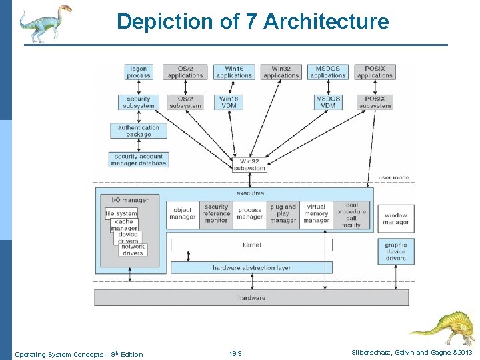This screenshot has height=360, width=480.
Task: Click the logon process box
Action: click(x=139, y=72)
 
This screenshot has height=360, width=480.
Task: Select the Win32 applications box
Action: click(x=281, y=72)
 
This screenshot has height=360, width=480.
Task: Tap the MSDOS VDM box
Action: click(x=327, y=102)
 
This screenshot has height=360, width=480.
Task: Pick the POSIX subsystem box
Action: click(x=375, y=102)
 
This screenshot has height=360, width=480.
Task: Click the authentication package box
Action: click(x=139, y=131)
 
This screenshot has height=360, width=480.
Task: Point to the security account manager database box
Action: click(x=139, y=160)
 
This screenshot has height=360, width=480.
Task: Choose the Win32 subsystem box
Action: click(x=250, y=164)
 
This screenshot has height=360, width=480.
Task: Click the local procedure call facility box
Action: click(x=351, y=215)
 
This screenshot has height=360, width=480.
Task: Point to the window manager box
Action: click(x=395, y=219)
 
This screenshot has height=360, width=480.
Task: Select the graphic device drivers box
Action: click(x=395, y=251)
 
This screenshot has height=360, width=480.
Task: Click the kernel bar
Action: click(x=252, y=245)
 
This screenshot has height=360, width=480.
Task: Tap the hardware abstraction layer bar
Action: click(x=252, y=267)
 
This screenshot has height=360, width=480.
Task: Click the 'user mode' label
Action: click(x=393, y=177)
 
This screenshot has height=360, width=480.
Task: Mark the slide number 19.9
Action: click(x=235, y=354)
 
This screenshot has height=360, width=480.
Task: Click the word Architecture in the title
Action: click(x=326, y=22)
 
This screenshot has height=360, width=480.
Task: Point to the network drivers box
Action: click(x=133, y=250)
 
